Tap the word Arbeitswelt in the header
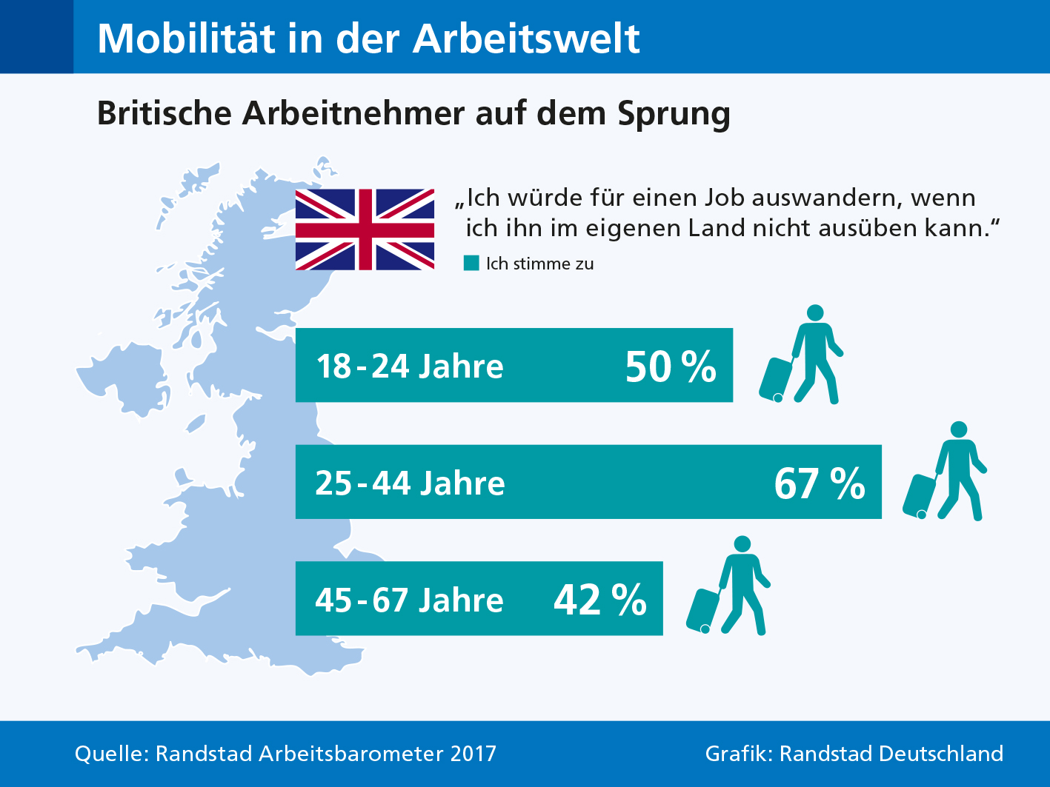pyautogui.click(x=526, y=38)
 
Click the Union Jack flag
pyautogui.click(x=365, y=230)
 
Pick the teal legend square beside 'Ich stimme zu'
pyautogui.click(x=471, y=264)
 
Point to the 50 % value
pyautogui.click(x=671, y=366)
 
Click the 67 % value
pyautogui.click(x=820, y=483)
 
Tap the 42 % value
pyautogui.click(x=600, y=600)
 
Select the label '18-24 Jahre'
pyautogui.click(x=410, y=366)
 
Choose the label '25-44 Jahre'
pyautogui.click(x=410, y=483)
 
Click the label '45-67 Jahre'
pyautogui.click(x=410, y=600)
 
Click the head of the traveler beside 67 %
pyautogui.click(x=959, y=429)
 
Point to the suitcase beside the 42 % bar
pyautogui.click(x=703, y=612)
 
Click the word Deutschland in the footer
pyautogui.click(x=941, y=754)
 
